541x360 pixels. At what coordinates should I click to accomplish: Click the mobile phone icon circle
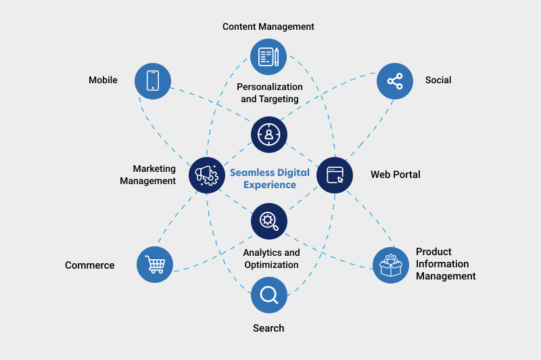153,81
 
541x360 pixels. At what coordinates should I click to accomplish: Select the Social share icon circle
395,81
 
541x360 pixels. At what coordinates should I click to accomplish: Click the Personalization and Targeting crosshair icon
269,134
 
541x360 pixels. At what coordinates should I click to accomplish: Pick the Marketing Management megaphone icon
206,175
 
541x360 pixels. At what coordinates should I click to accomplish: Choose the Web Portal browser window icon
335,175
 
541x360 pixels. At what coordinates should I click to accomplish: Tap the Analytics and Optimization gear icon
269,221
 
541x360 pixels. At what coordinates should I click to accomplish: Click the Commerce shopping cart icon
155,264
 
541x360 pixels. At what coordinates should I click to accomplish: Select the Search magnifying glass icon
269,295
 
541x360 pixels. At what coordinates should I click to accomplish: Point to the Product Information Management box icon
391,265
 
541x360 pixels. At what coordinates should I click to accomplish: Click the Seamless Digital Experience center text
270,179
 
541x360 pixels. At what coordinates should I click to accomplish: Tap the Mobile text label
103,80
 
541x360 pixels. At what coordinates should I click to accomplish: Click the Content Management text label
268,26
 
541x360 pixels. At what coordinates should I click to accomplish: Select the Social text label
438,80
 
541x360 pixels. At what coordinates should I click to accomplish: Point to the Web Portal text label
395,175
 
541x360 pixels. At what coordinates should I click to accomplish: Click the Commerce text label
90,265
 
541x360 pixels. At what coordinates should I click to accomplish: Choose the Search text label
268,328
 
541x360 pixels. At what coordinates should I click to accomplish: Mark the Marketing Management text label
148,175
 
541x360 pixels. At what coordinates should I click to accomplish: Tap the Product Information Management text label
446,264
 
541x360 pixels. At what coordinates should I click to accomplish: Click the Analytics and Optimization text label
271,258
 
